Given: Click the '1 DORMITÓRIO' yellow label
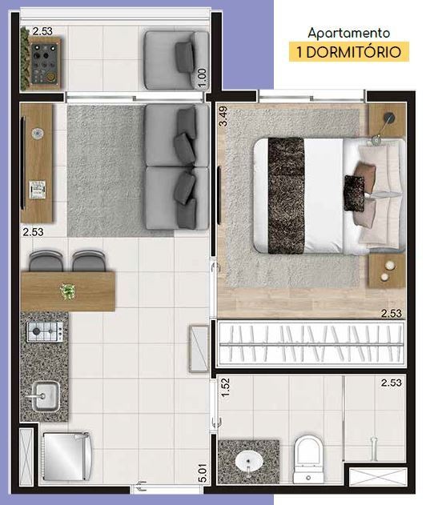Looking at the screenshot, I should click(x=349, y=53).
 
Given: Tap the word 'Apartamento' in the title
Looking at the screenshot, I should click(x=349, y=34).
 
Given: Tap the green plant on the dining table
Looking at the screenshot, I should click(x=68, y=291).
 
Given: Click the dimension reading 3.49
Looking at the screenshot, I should click(x=224, y=118).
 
